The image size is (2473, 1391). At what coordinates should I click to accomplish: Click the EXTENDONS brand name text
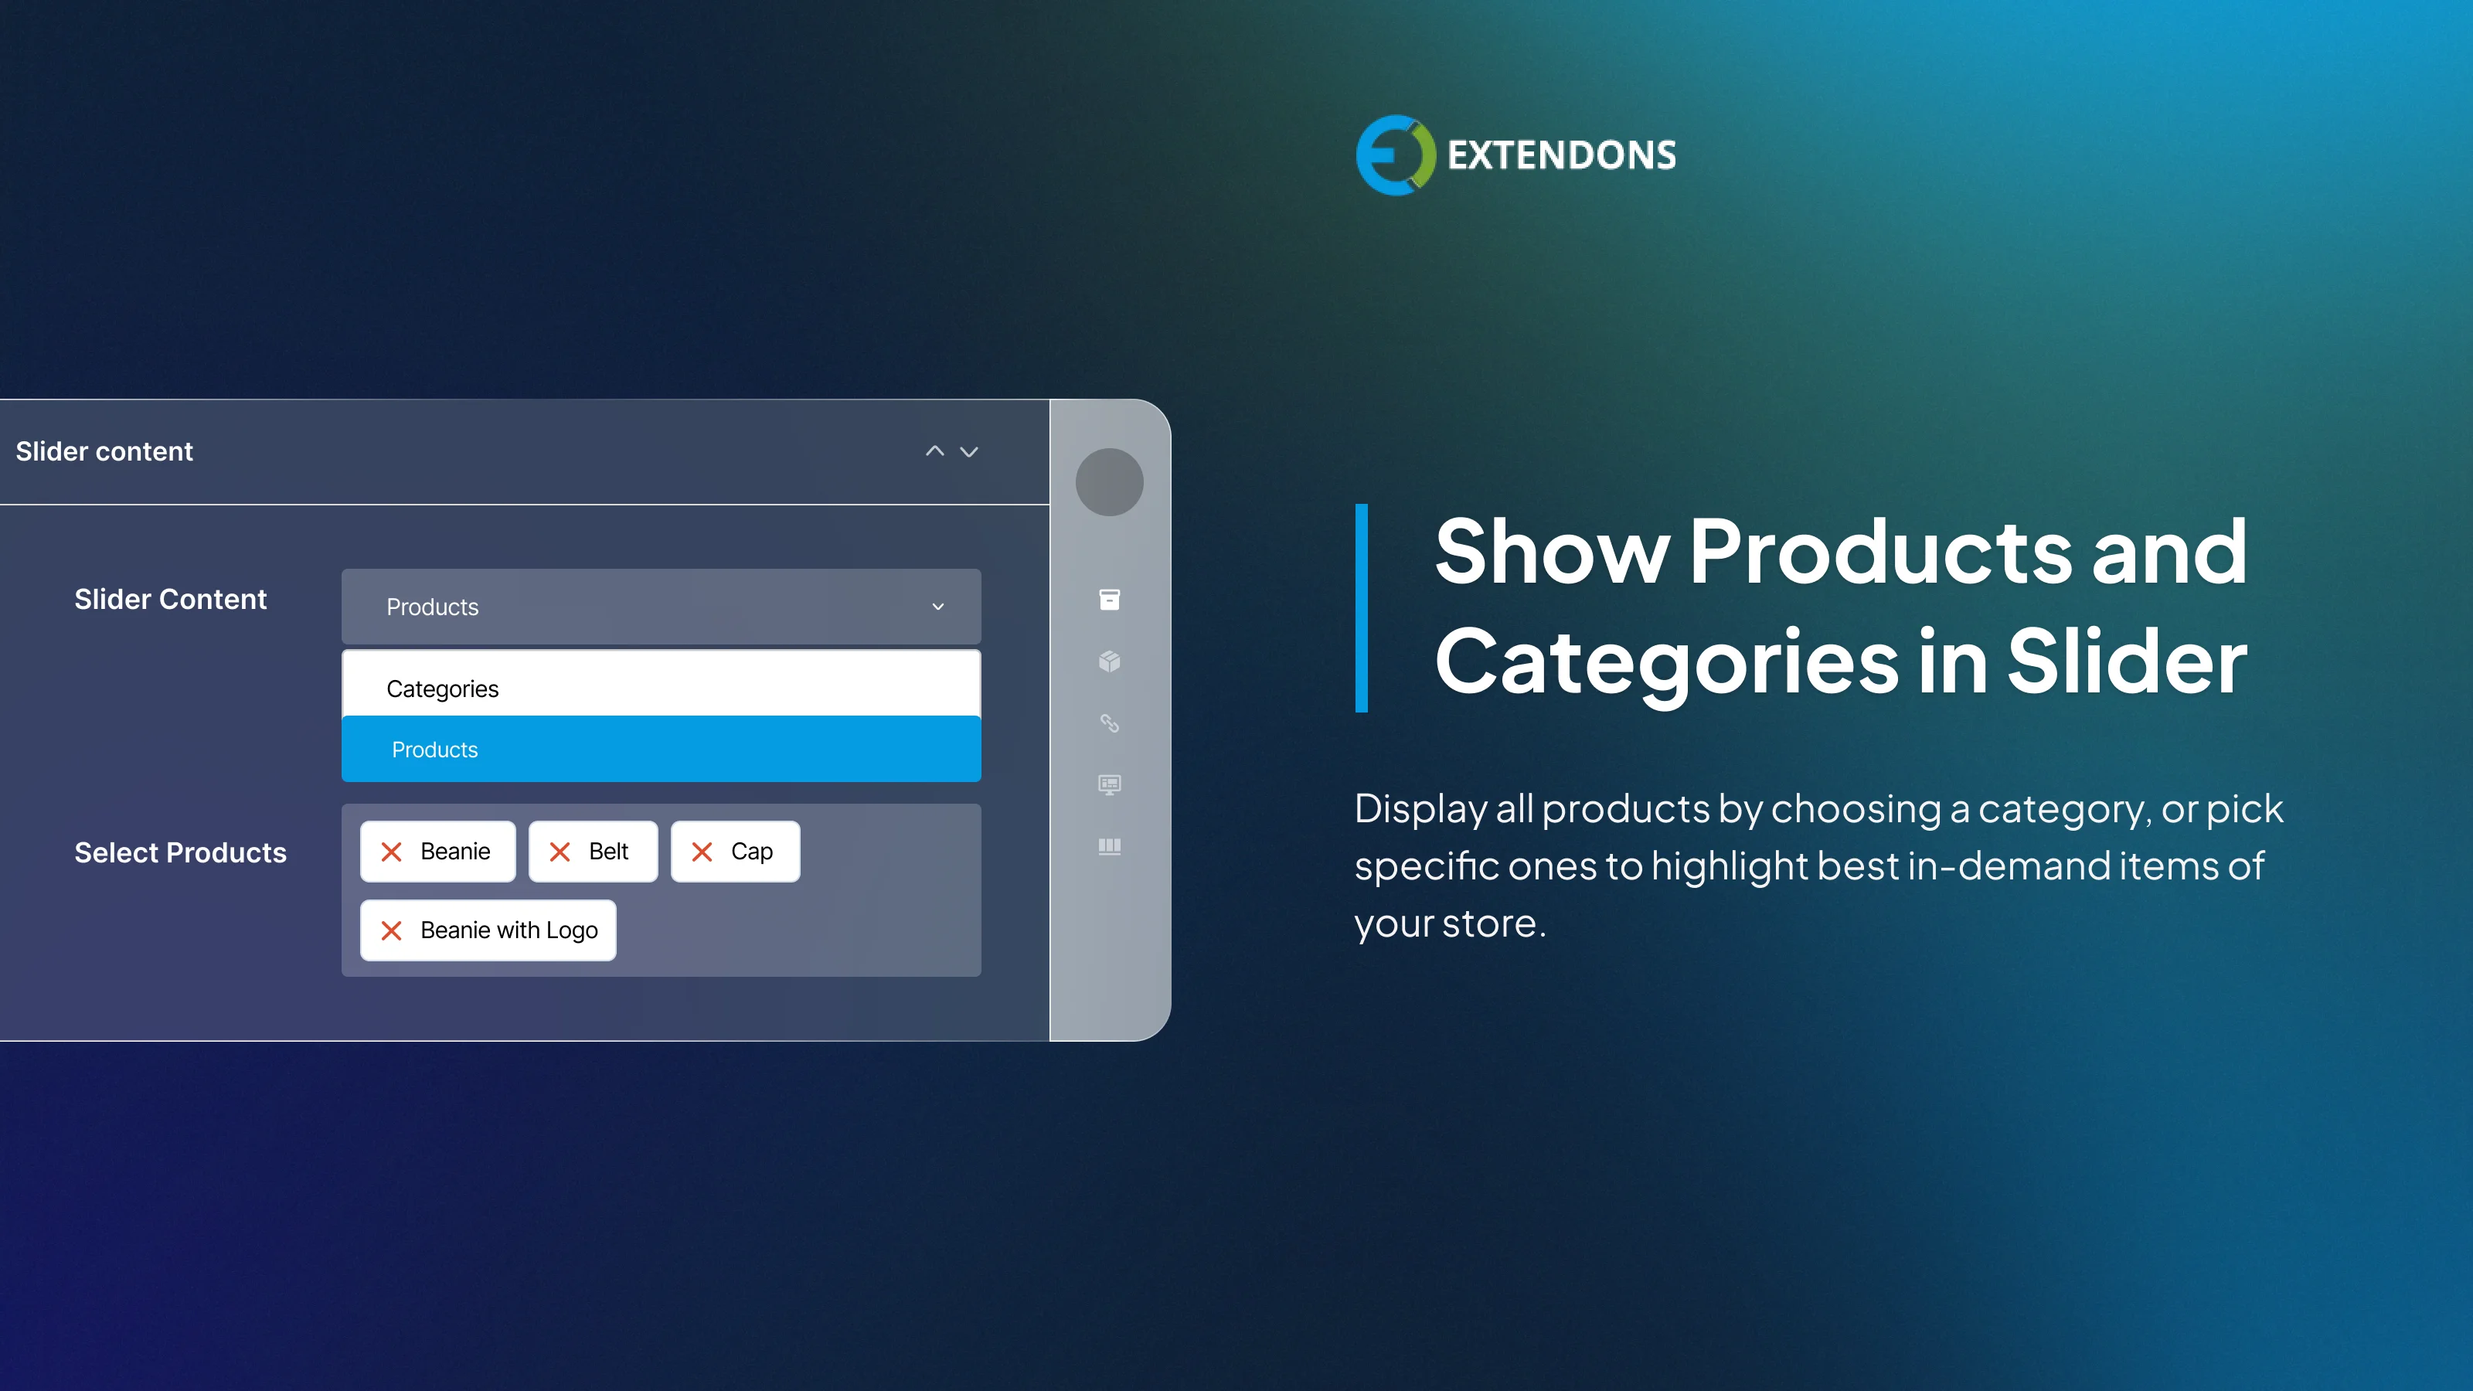1561,155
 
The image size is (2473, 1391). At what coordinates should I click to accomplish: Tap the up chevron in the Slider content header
934,451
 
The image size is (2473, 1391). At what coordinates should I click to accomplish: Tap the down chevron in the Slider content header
970,451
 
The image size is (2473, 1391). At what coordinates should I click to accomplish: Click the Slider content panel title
104,451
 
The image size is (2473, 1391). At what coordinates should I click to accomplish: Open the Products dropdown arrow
938,607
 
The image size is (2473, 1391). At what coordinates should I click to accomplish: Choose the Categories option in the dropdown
443,689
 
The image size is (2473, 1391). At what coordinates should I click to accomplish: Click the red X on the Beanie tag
392,852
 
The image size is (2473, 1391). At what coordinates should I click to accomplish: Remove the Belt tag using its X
560,852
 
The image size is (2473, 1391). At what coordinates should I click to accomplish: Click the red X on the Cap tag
702,852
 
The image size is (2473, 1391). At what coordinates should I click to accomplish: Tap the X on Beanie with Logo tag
392,930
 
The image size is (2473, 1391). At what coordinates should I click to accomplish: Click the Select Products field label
181,852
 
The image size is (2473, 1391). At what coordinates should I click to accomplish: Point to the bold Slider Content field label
171,599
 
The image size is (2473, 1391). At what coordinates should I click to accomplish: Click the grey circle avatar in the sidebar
1109,482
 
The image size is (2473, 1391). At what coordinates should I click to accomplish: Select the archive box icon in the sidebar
1109,600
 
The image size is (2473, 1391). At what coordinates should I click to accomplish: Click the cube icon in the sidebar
1109,661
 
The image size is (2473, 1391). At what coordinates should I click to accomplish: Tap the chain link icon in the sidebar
1109,723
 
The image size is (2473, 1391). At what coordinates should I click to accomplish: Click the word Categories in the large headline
1665,662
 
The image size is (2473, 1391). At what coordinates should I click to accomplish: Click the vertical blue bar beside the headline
1361,607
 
